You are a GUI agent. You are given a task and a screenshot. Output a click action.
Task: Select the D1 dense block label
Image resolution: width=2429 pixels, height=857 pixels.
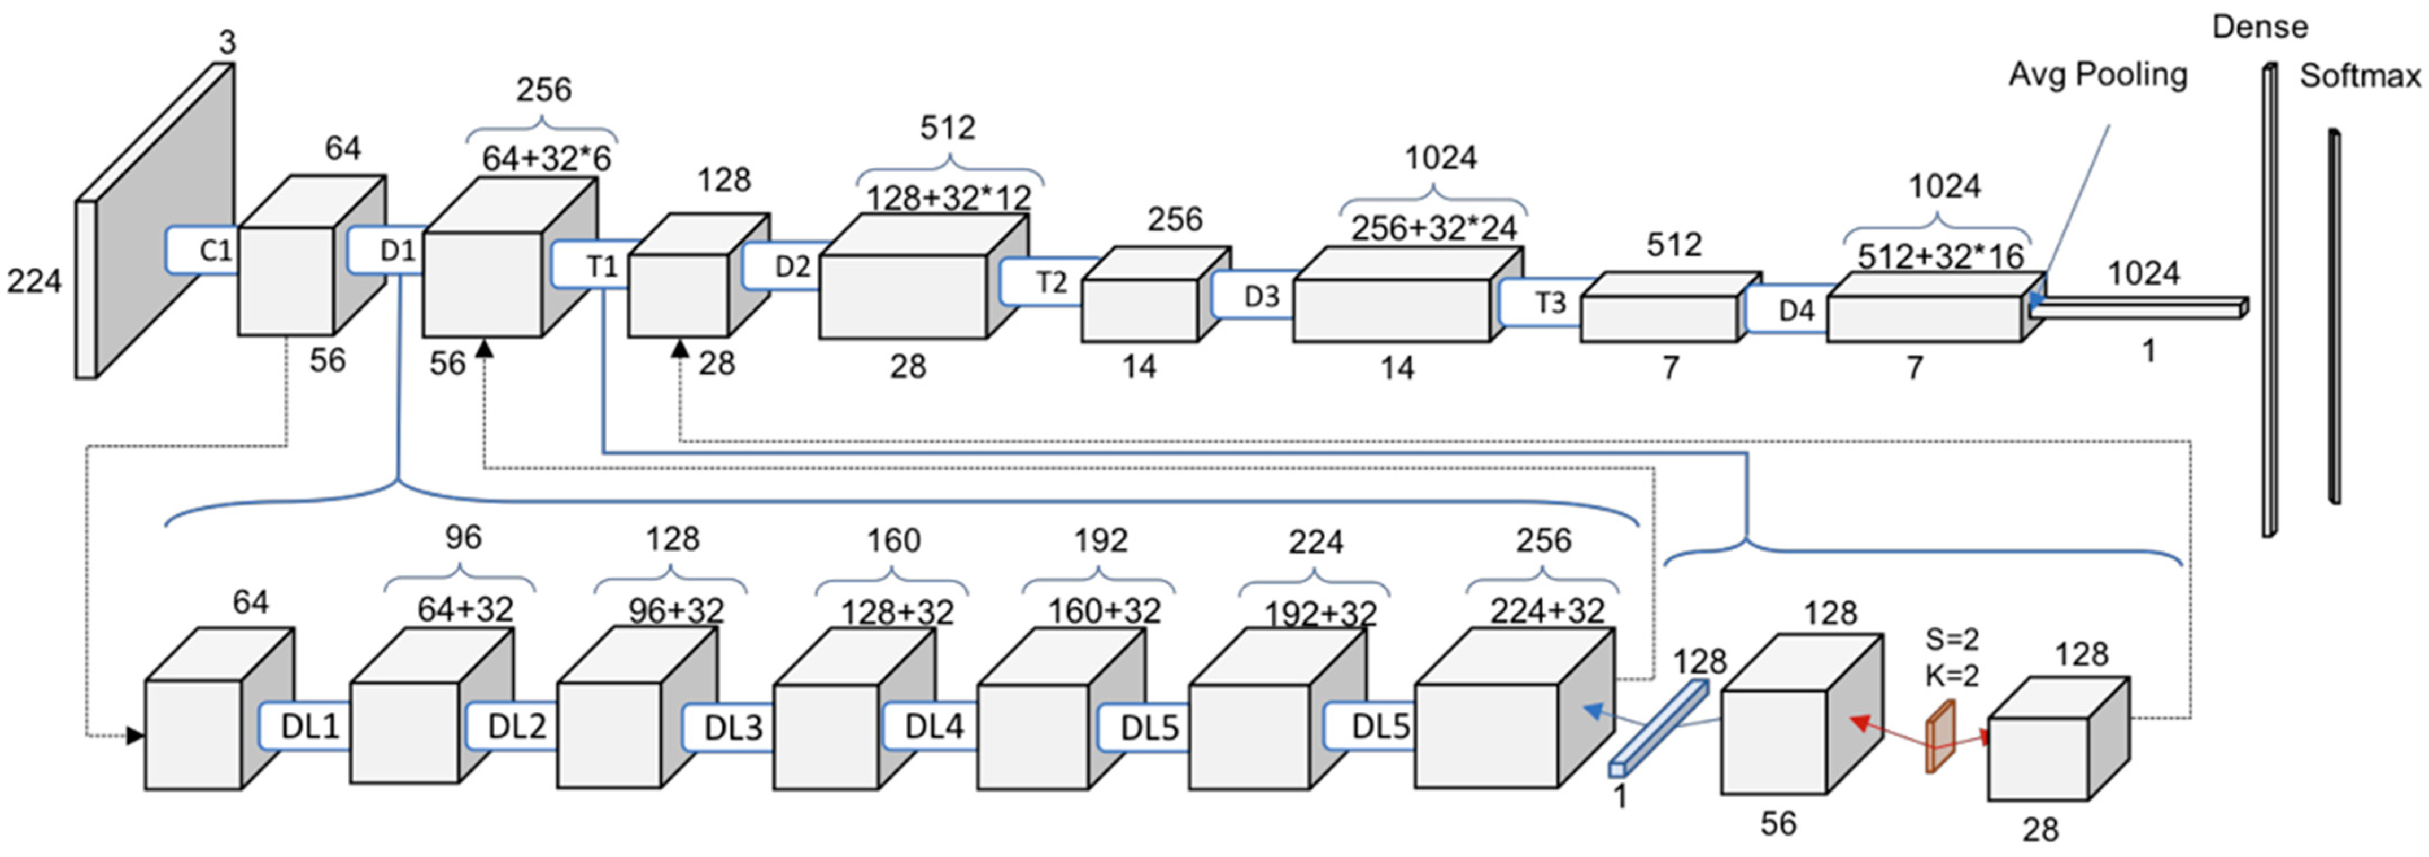pos(397,251)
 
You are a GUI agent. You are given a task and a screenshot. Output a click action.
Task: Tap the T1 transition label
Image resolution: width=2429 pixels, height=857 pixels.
pos(601,266)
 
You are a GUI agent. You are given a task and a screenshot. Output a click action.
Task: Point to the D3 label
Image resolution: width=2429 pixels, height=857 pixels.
pos(1261,296)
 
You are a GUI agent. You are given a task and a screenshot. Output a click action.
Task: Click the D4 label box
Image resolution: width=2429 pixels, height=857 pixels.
pos(1795,310)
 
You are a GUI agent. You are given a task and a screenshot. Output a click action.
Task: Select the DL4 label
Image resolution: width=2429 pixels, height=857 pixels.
pos(934,727)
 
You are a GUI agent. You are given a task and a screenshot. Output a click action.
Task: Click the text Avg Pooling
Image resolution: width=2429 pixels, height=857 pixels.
pos(2097,75)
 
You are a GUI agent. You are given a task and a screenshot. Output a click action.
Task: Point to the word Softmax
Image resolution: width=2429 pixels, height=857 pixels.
pos(2359,76)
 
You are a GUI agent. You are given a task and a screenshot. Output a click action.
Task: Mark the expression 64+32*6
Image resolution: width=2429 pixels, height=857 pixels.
pos(546,159)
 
